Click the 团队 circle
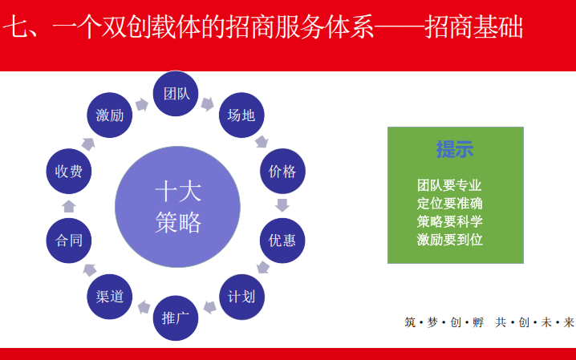pyautogui.click(x=176, y=94)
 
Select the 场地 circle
pyautogui.click(x=241, y=115)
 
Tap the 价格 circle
pyautogui.click(x=282, y=171)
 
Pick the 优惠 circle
pyautogui.click(x=282, y=241)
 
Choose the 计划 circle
pyautogui.click(x=241, y=297)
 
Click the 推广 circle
pyautogui.click(x=176, y=318)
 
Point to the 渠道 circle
pyautogui.click(x=109, y=297)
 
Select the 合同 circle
pyautogui.click(x=69, y=241)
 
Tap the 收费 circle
pyautogui.click(x=69, y=171)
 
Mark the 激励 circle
pyautogui.click(x=109, y=115)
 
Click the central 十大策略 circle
pyautogui.click(x=178, y=207)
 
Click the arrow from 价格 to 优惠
pyautogui.click(x=282, y=205)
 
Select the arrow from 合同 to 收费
pyautogui.click(x=69, y=206)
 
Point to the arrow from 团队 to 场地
pyautogui.click(x=208, y=104)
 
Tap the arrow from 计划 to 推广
pyautogui.click(x=209, y=307)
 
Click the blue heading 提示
pyautogui.click(x=455, y=149)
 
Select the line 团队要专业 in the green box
pyautogui.click(x=449, y=185)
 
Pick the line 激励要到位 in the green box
pyautogui.click(x=449, y=240)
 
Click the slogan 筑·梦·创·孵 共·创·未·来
pyautogui.click(x=489, y=322)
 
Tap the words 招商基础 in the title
pyautogui.click(x=474, y=26)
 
